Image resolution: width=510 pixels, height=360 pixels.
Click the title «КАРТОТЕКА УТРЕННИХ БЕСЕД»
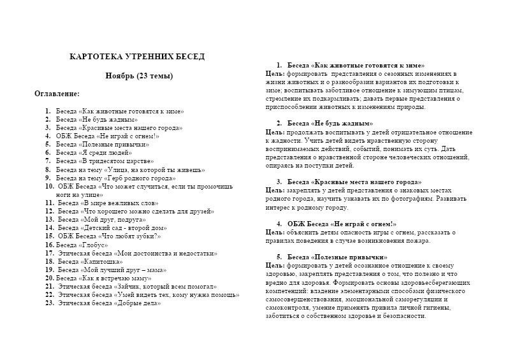tap(137, 57)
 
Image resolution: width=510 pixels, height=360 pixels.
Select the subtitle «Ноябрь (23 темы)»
tap(139, 76)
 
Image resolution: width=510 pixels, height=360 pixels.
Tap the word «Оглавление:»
tap(57, 93)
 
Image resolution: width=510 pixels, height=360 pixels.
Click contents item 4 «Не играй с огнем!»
tap(108, 136)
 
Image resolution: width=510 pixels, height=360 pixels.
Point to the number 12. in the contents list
tap(50, 211)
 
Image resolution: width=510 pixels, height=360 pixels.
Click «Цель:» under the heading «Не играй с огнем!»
tap(275, 232)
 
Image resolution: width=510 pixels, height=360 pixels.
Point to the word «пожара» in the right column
tap(418, 240)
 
